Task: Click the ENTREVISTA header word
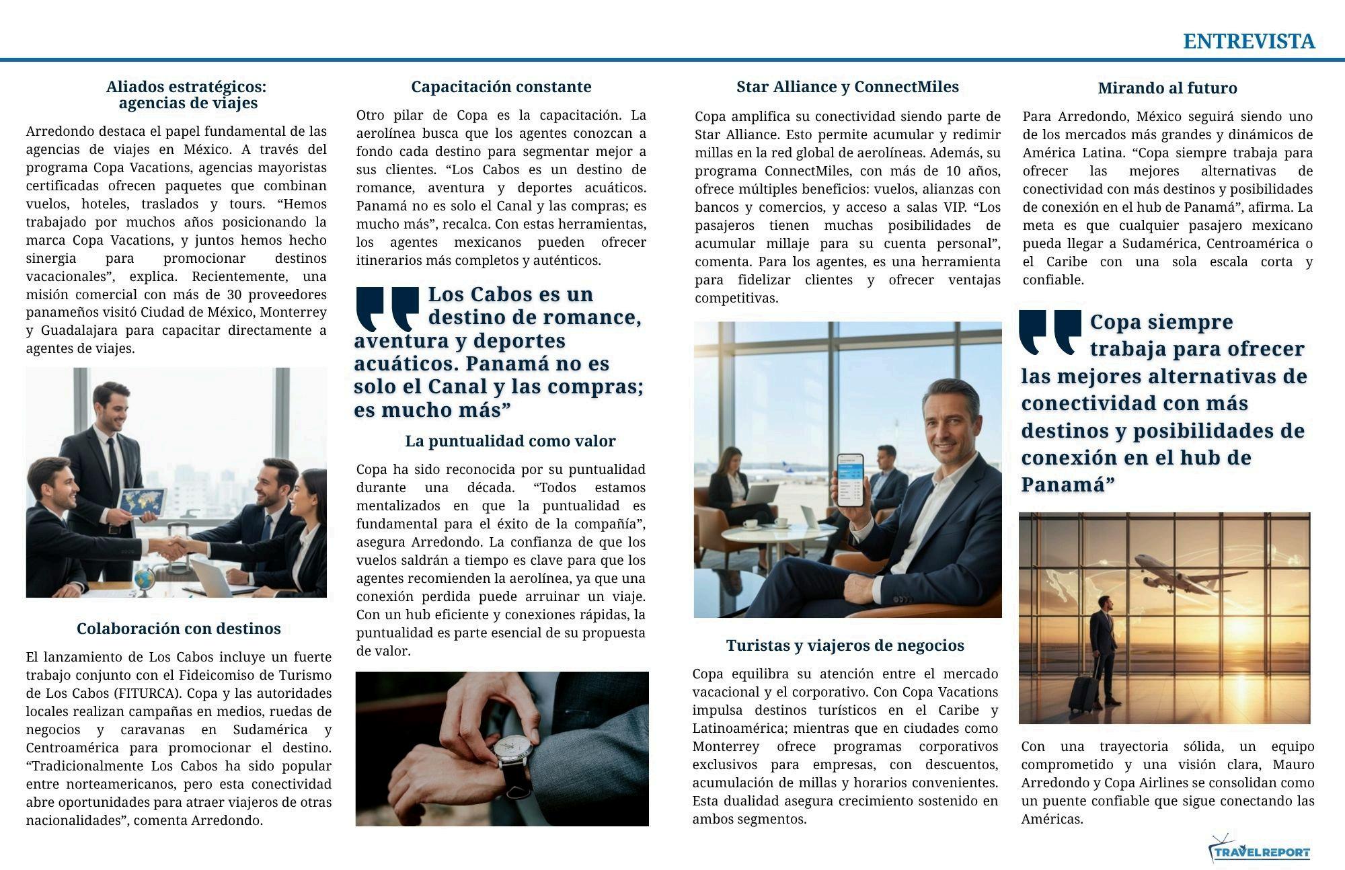tap(1248, 42)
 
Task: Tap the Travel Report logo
tap(1260, 851)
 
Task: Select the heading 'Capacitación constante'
tap(501, 87)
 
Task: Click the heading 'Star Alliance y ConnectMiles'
tap(847, 87)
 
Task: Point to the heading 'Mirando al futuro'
tap(1167, 88)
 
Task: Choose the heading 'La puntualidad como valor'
tap(510, 441)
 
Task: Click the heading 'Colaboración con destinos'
tap(178, 629)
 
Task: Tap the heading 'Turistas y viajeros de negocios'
tap(845, 645)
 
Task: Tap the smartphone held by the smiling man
tap(850, 480)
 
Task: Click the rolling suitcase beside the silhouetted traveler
tap(1083, 693)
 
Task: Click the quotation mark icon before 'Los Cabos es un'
tap(387, 308)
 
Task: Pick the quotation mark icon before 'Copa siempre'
tap(1050, 331)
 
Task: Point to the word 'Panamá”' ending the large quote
tap(1068, 485)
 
